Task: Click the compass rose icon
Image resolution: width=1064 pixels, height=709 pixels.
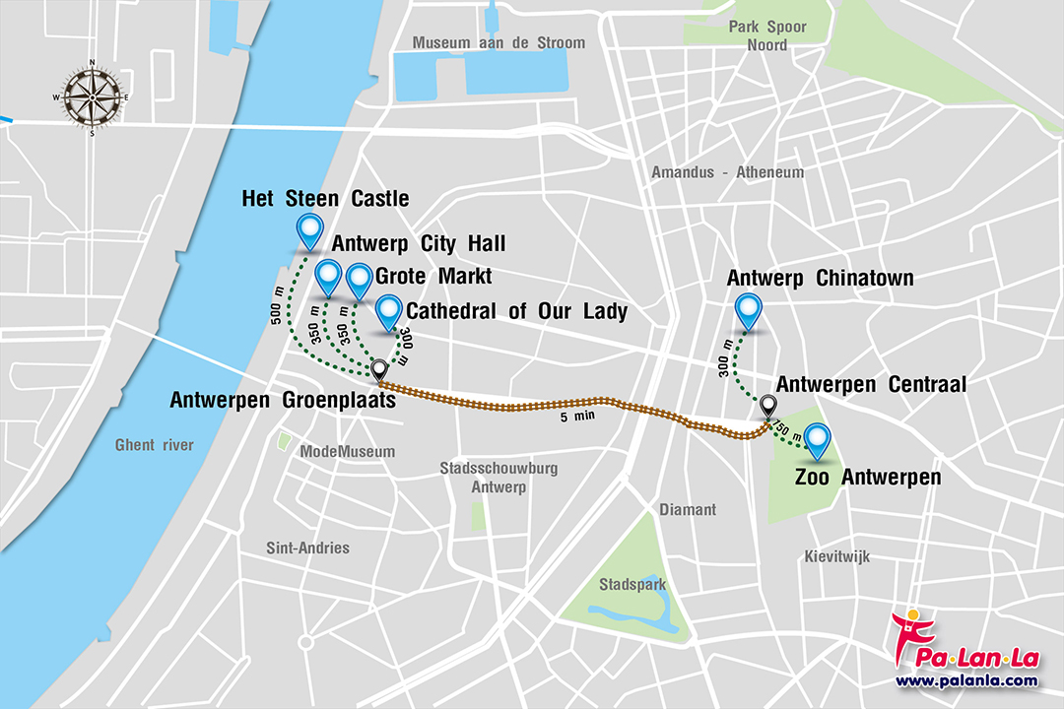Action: (x=93, y=97)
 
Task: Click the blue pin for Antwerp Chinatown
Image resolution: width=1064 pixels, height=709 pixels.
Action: (x=750, y=310)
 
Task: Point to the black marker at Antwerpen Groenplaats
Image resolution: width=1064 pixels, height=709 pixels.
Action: (x=378, y=369)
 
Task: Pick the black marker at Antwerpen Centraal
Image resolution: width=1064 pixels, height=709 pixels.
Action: (x=768, y=405)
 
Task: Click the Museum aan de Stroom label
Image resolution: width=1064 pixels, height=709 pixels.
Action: (x=499, y=43)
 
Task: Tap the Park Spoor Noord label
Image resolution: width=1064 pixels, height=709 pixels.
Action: (x=767, y=36)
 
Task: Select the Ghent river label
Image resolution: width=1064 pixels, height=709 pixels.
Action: (x=154, y=445)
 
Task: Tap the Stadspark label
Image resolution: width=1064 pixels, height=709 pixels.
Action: (x=632, y=585)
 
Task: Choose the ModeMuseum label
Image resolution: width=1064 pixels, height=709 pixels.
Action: (x=347, y=452)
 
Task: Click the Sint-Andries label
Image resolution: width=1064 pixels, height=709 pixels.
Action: (x=307, y=548)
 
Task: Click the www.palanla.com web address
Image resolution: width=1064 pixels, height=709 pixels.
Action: (x=965, y=680)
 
